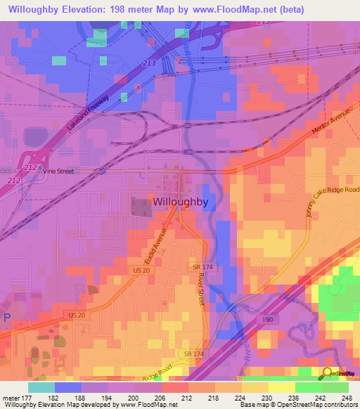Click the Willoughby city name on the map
(180, 201)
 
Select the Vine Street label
(58, 171)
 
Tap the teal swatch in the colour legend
(41, 387)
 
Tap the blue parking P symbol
(7, 317)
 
